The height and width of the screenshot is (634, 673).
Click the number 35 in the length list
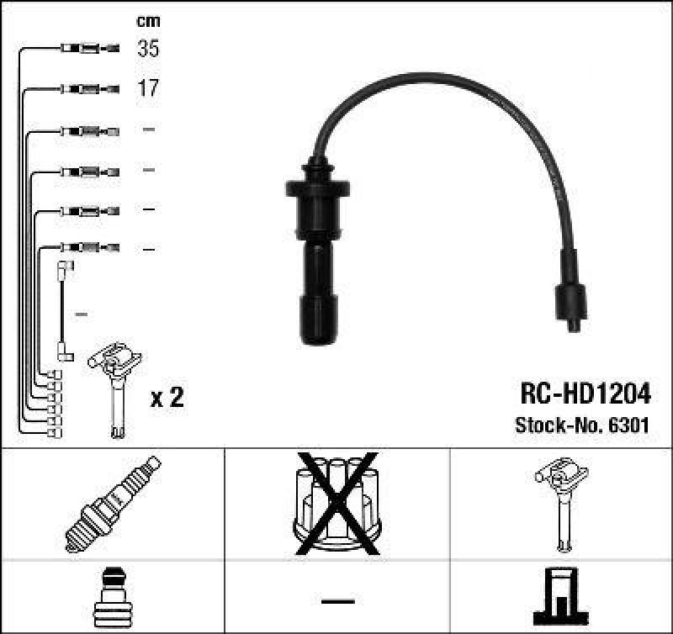148,49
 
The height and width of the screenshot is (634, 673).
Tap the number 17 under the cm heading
148,87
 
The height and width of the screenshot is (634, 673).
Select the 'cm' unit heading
148,21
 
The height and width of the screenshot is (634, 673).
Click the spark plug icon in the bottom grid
112,504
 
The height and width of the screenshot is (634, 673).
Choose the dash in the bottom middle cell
336,600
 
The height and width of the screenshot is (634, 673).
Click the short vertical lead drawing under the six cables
63,311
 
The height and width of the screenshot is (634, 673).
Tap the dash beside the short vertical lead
82,314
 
